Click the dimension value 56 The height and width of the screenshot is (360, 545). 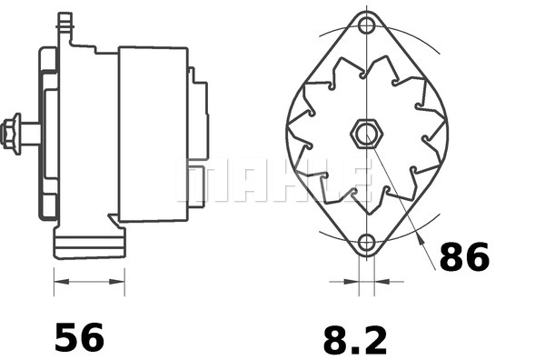pos(80,337)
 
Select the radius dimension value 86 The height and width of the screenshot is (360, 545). pos(464,258)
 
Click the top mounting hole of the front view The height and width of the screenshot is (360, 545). pos(366,25)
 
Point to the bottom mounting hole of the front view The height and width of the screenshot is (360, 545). pos(366,243)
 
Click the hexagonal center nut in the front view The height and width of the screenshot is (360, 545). pos(365,135)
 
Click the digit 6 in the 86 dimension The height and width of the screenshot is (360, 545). pos(477,258)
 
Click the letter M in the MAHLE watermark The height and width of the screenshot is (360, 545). pos(202,183)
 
